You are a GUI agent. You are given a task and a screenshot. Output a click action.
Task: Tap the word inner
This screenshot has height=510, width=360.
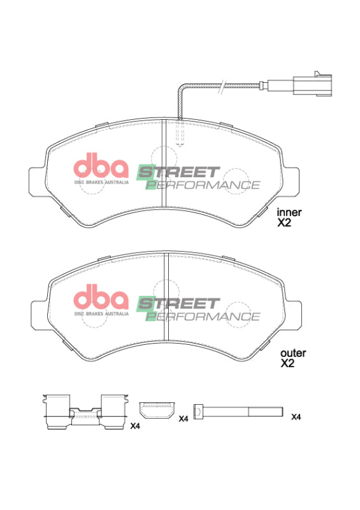(288, 212)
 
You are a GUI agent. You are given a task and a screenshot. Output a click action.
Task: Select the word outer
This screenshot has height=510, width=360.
(293, 353)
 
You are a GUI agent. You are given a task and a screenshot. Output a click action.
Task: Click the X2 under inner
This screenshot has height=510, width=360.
(284, 224)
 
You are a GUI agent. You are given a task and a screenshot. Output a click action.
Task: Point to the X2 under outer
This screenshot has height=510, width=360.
(288, 364)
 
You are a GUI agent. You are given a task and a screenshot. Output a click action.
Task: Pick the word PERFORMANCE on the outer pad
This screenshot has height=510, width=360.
(203, 316)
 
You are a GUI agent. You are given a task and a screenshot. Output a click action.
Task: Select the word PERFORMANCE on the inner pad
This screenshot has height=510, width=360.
(203, 185)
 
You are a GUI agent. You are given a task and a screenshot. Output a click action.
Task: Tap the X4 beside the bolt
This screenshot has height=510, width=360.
(296, 417)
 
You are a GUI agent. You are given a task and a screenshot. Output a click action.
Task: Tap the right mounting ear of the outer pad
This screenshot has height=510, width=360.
(294, 310)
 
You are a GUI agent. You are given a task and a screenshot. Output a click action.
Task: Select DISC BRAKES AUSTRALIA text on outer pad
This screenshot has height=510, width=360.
(102, 314)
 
